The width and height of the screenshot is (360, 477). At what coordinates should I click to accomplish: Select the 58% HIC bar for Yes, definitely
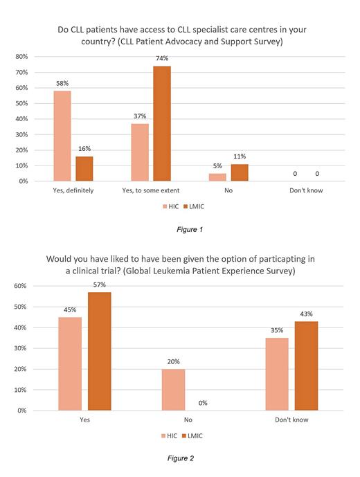[x=62, y=136]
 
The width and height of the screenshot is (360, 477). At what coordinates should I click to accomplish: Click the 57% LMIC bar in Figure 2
[x=99, y=351]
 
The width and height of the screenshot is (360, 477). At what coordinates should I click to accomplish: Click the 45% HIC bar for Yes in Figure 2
[x=71, y=363]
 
